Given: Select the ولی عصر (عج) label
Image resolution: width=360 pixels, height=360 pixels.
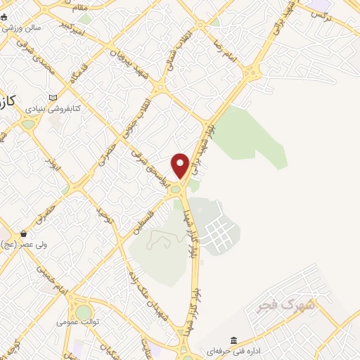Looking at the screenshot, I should pos(25,245).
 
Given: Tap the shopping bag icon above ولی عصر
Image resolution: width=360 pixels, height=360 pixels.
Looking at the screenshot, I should pos(24,233).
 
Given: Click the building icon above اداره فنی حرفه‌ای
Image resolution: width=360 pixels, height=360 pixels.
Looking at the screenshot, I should pos(234,338).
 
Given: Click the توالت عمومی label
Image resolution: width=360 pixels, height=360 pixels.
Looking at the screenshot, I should pos(79,322).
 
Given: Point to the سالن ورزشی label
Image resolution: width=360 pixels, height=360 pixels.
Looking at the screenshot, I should pos(21,27).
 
